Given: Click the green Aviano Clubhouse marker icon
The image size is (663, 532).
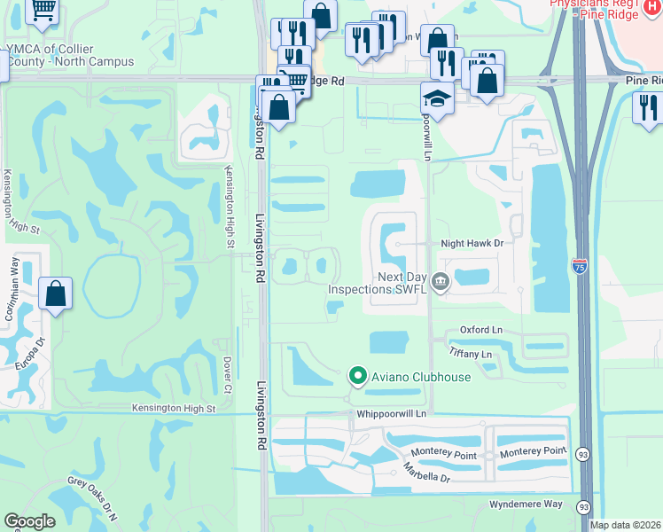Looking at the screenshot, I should coord(357,377).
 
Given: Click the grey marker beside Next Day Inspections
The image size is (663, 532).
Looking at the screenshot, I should coord(441,283).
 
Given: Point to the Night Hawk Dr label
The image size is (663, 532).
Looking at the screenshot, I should coord(472,243).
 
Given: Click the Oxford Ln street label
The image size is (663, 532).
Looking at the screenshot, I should coord(480,330).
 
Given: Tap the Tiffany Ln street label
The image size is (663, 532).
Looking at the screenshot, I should coord(471,354).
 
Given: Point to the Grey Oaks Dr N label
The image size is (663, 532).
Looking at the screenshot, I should coord(92,500).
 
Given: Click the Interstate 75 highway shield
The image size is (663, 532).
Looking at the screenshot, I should coord(579,267).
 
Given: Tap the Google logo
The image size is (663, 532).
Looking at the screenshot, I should coord(29,521).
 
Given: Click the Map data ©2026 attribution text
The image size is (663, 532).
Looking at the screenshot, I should coord(625,525).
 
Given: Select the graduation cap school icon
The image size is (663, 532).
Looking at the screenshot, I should coord(437,97).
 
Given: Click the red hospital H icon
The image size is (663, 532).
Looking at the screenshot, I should coord(652,4).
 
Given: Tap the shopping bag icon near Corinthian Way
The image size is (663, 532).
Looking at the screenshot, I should coord(55,293).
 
